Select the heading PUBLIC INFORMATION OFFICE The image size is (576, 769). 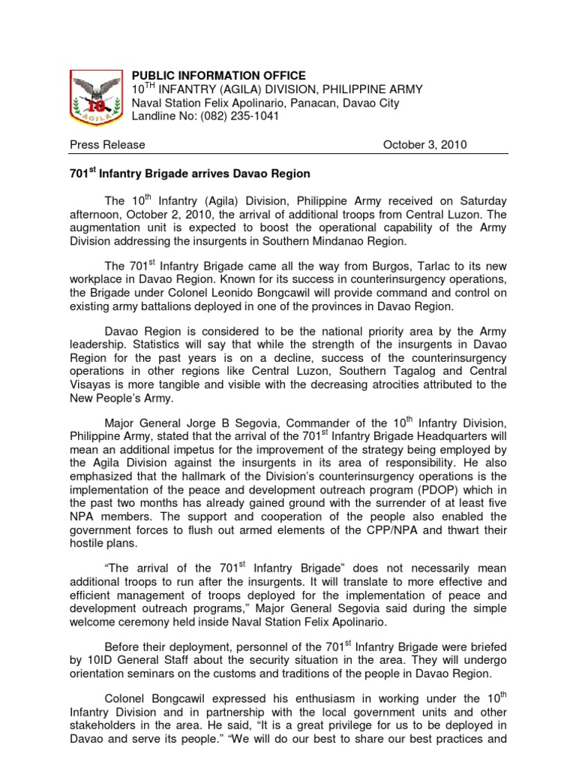pos(219,76)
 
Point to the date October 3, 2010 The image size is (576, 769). pos(425,145)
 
